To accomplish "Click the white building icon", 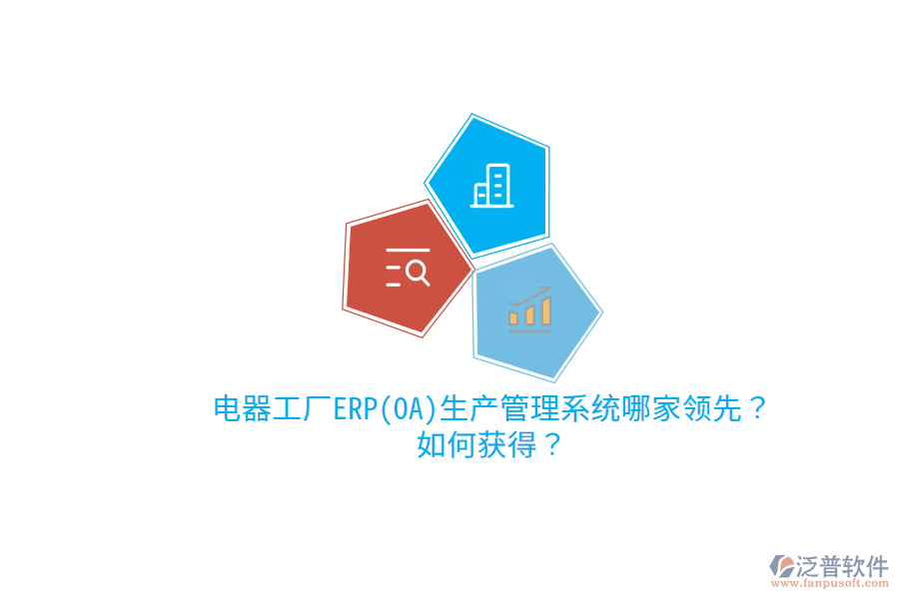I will click(x=491, y=186).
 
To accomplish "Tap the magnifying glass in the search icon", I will click(x=419, y=271).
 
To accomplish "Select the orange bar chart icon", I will click(x=528, y=310).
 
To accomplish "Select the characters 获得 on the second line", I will click(x=505, y=445).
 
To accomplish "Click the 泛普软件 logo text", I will click(x=841, y=566).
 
